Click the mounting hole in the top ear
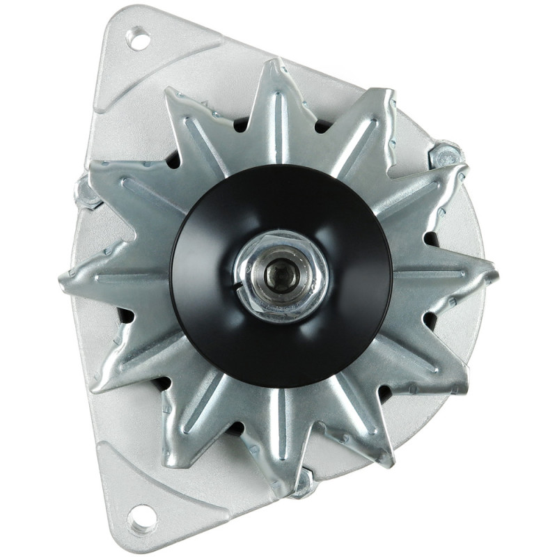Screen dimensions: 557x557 click(x=139, y=39)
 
